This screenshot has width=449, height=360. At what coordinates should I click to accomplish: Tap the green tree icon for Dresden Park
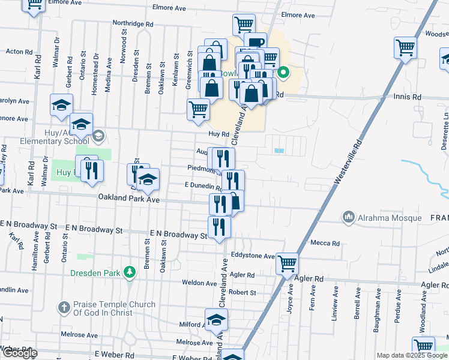coord(128,273)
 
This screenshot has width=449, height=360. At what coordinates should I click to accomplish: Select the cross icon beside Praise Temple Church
coord(65,308)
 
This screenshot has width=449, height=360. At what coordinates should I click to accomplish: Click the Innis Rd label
coord(408,97)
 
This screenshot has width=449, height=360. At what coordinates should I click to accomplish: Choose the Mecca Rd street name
coord(325,243)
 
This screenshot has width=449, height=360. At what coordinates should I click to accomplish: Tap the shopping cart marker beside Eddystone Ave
coord(288,263)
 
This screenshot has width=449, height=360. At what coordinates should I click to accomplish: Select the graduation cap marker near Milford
coord(216,320)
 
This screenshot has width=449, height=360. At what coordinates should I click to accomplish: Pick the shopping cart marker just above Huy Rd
coord(199,110)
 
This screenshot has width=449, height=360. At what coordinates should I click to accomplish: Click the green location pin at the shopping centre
coord(284,74)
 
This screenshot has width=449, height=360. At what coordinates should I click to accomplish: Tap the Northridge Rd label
coord(133,24)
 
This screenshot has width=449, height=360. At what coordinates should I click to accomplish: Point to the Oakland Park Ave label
coord(129,199)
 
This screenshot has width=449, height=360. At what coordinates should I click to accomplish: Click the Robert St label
coord(242,293)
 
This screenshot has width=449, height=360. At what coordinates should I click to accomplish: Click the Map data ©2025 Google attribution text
coord(411,355)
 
